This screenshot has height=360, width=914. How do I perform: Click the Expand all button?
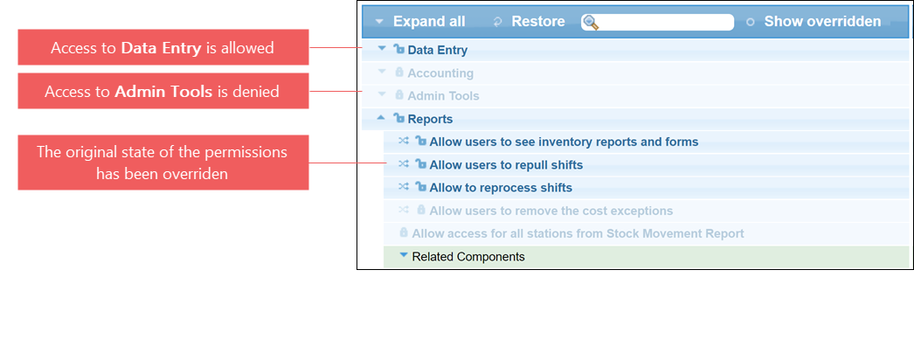(x=421, y=22)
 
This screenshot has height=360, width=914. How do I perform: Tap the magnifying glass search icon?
(x=591, y=22)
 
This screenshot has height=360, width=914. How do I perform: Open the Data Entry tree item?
(x=437, y=50)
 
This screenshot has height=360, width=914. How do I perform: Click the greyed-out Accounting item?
(x=440, y=73)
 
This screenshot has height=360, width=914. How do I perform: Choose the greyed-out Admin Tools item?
(x=443, y=96)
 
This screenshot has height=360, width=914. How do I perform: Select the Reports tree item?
(x=430, y=119)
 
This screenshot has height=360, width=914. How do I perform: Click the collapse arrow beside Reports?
(x=381, y=118)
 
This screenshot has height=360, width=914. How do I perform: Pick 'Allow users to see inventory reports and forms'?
(x=564, y=142)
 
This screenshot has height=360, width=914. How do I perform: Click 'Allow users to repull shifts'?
(x=506, y=165)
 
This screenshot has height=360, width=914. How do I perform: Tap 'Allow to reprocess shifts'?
(x=501, y=188)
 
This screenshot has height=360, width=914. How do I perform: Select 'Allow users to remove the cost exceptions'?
(x=550, y=211)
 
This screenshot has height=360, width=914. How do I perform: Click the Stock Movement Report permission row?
(x=578, y=233)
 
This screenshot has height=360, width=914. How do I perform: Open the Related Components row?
(x=468, y=257)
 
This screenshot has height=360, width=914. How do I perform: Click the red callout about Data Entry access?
(x=163, y=47)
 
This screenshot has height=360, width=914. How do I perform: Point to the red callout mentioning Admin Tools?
(x=163, y=91)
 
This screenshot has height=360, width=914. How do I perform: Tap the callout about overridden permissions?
(x=163, y=163)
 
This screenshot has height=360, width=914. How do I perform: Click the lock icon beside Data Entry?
(x=399, y=50)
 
